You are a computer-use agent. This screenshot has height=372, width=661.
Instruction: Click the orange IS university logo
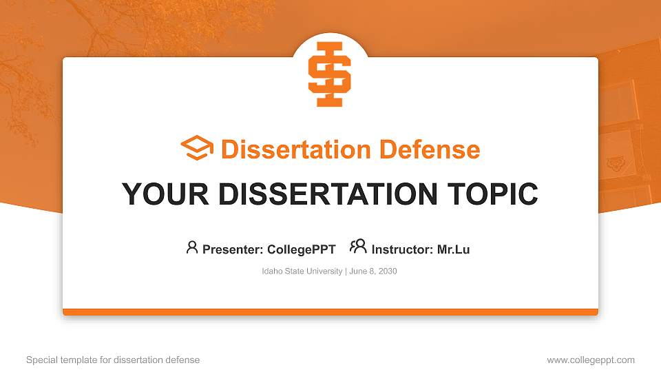[330, 74]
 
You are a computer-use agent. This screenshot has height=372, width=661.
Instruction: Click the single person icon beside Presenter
[192, 247]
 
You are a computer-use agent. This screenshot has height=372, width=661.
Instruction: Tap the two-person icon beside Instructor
[358, 247]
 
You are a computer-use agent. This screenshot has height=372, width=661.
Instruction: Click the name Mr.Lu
[453, 249]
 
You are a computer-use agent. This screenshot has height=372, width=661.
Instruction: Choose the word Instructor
[401, 249]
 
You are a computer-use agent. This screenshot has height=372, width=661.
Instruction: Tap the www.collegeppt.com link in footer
[591, 360]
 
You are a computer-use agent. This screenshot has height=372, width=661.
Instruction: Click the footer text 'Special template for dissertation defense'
[113, 360]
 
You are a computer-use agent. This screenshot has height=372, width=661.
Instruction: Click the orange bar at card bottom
[330, 312]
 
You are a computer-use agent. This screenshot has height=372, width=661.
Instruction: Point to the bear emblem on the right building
[615, 164]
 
